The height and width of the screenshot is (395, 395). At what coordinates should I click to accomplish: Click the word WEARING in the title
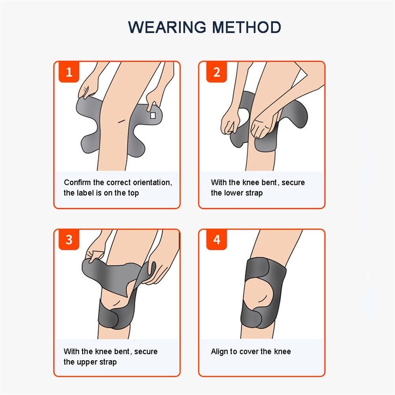point(167,27)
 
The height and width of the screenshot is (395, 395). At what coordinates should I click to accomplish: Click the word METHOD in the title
point(246,27)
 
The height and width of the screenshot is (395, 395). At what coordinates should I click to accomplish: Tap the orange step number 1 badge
point(69,72)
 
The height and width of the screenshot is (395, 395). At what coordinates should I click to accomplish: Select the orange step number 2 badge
point(216,72)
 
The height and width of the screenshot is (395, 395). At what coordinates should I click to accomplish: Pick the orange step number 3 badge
point(69,240)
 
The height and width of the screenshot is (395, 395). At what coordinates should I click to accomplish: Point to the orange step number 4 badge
point(216,240)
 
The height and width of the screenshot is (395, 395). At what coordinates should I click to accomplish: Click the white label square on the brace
point(152,115)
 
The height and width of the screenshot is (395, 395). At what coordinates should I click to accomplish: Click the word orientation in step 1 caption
point(152,182)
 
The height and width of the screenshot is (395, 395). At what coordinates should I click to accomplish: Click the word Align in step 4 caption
point(219,352)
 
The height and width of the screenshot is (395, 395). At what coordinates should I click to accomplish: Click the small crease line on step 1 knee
point(122,121)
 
